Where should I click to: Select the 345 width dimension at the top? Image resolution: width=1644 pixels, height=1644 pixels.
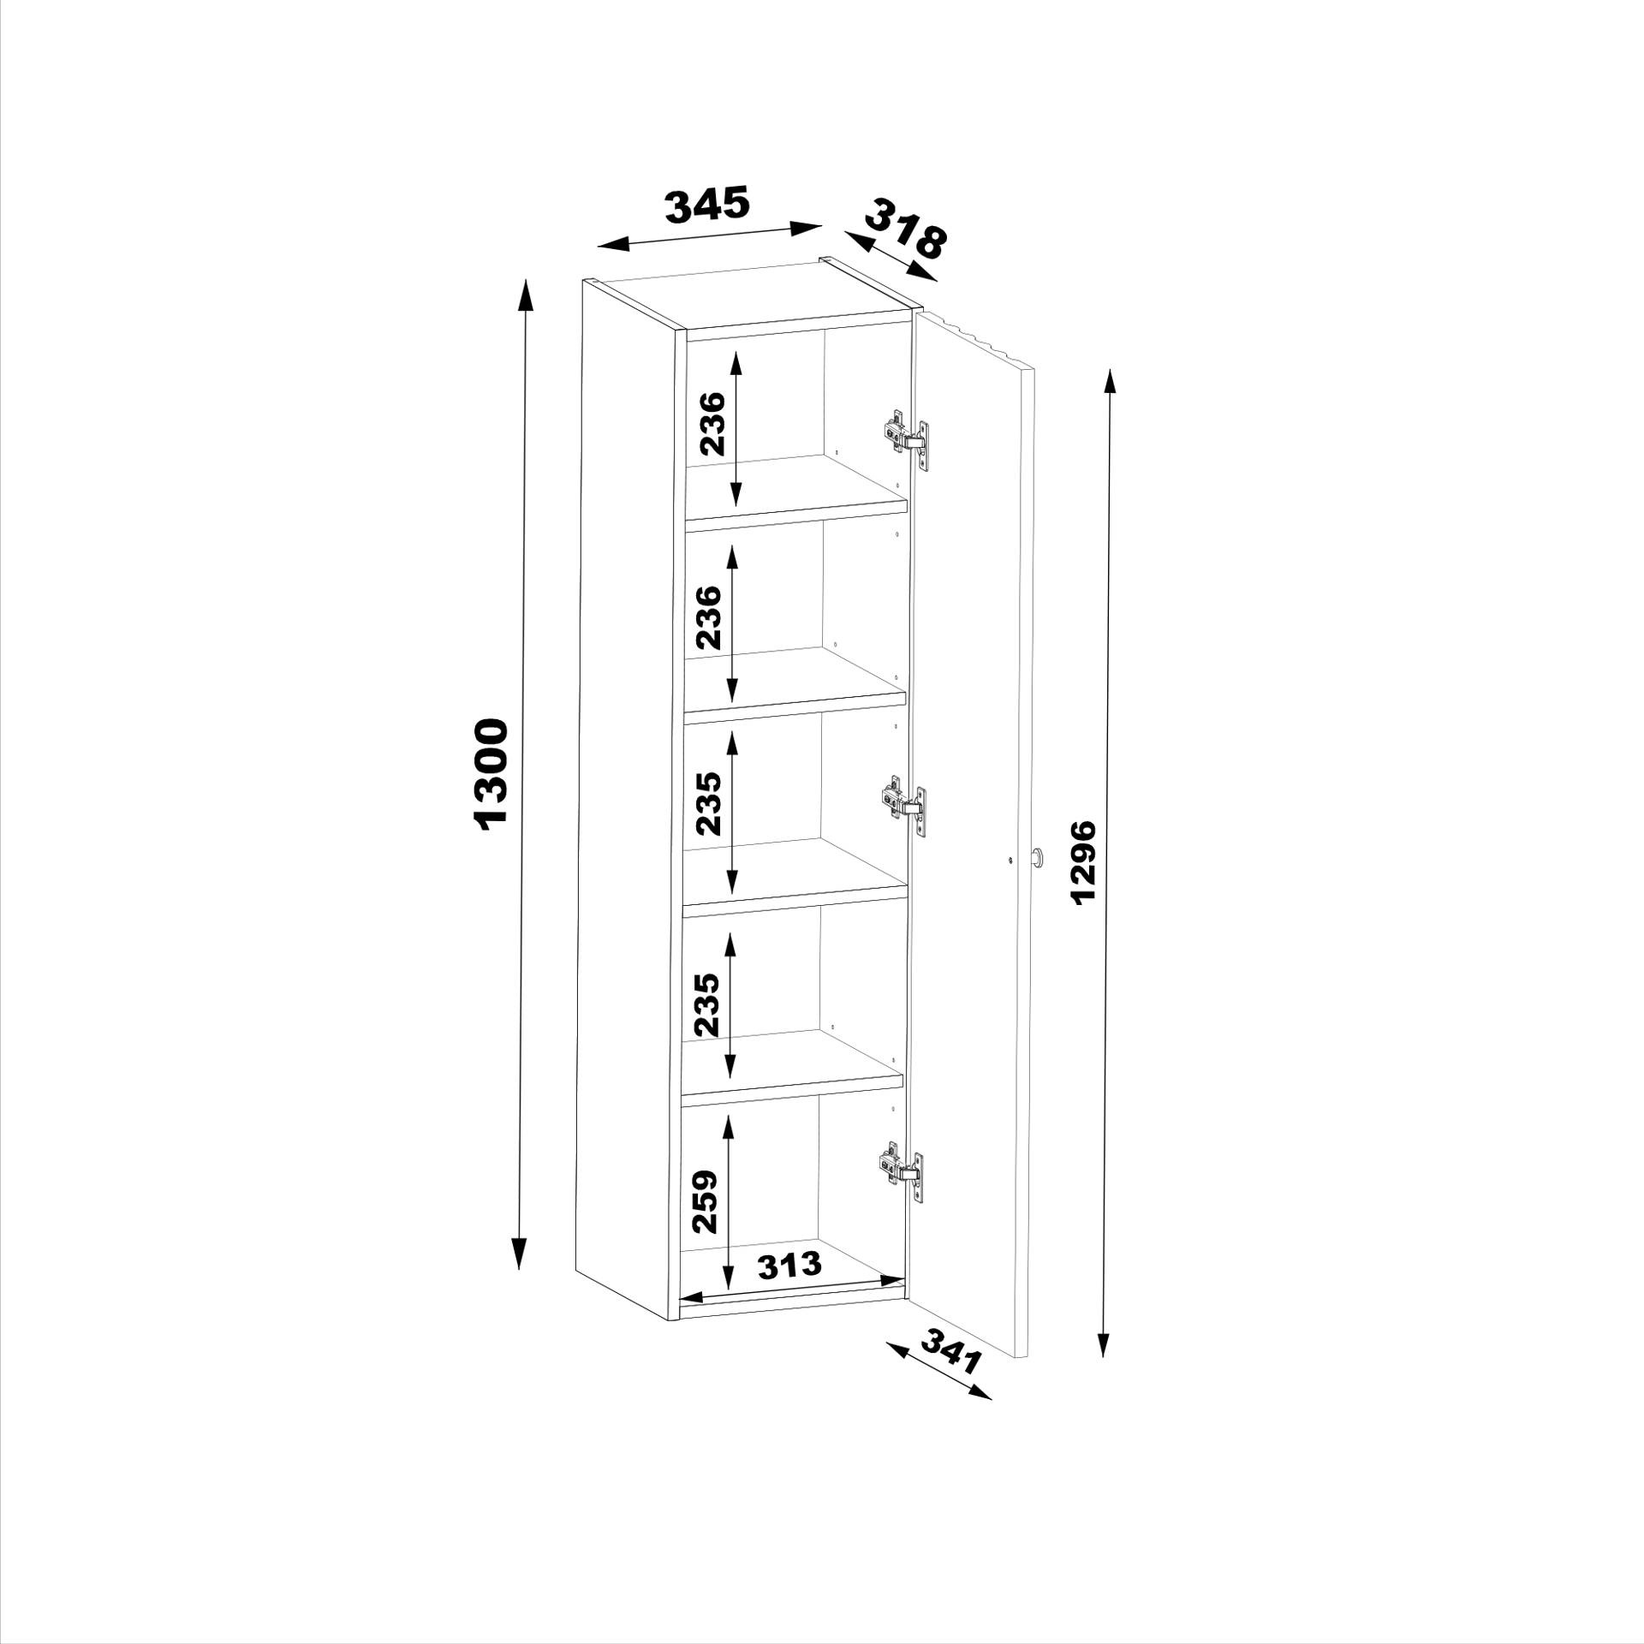click(708, 204)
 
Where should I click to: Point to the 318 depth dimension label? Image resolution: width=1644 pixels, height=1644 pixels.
click(906, 229)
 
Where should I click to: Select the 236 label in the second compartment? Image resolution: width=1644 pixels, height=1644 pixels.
click(708, 616)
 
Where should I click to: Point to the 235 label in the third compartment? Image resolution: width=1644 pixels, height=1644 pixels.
click(708, 803)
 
